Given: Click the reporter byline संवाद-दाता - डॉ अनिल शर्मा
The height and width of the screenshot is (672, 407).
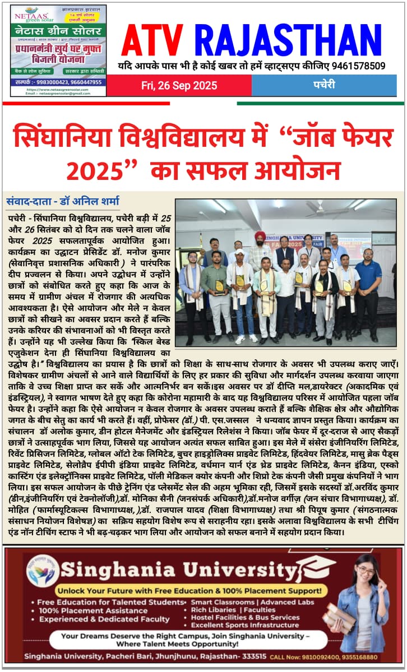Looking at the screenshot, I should pos(62,201).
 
